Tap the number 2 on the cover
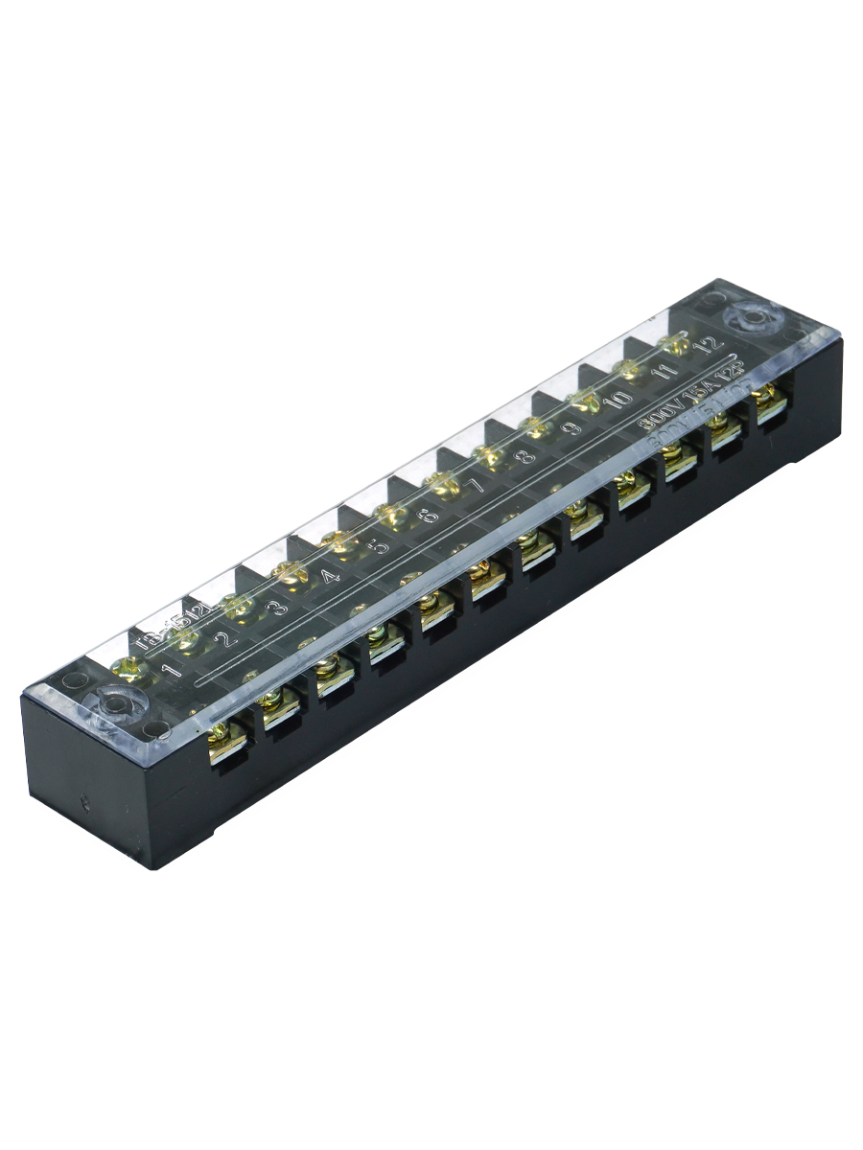(x=223, y=639)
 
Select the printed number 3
(x=276, y=608)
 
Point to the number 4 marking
(x=328, y=577)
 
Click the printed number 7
(x=477, y=486)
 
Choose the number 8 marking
(x=525, y=457)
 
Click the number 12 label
(x=708, y=343)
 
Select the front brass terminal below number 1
(x=228, y=743)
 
